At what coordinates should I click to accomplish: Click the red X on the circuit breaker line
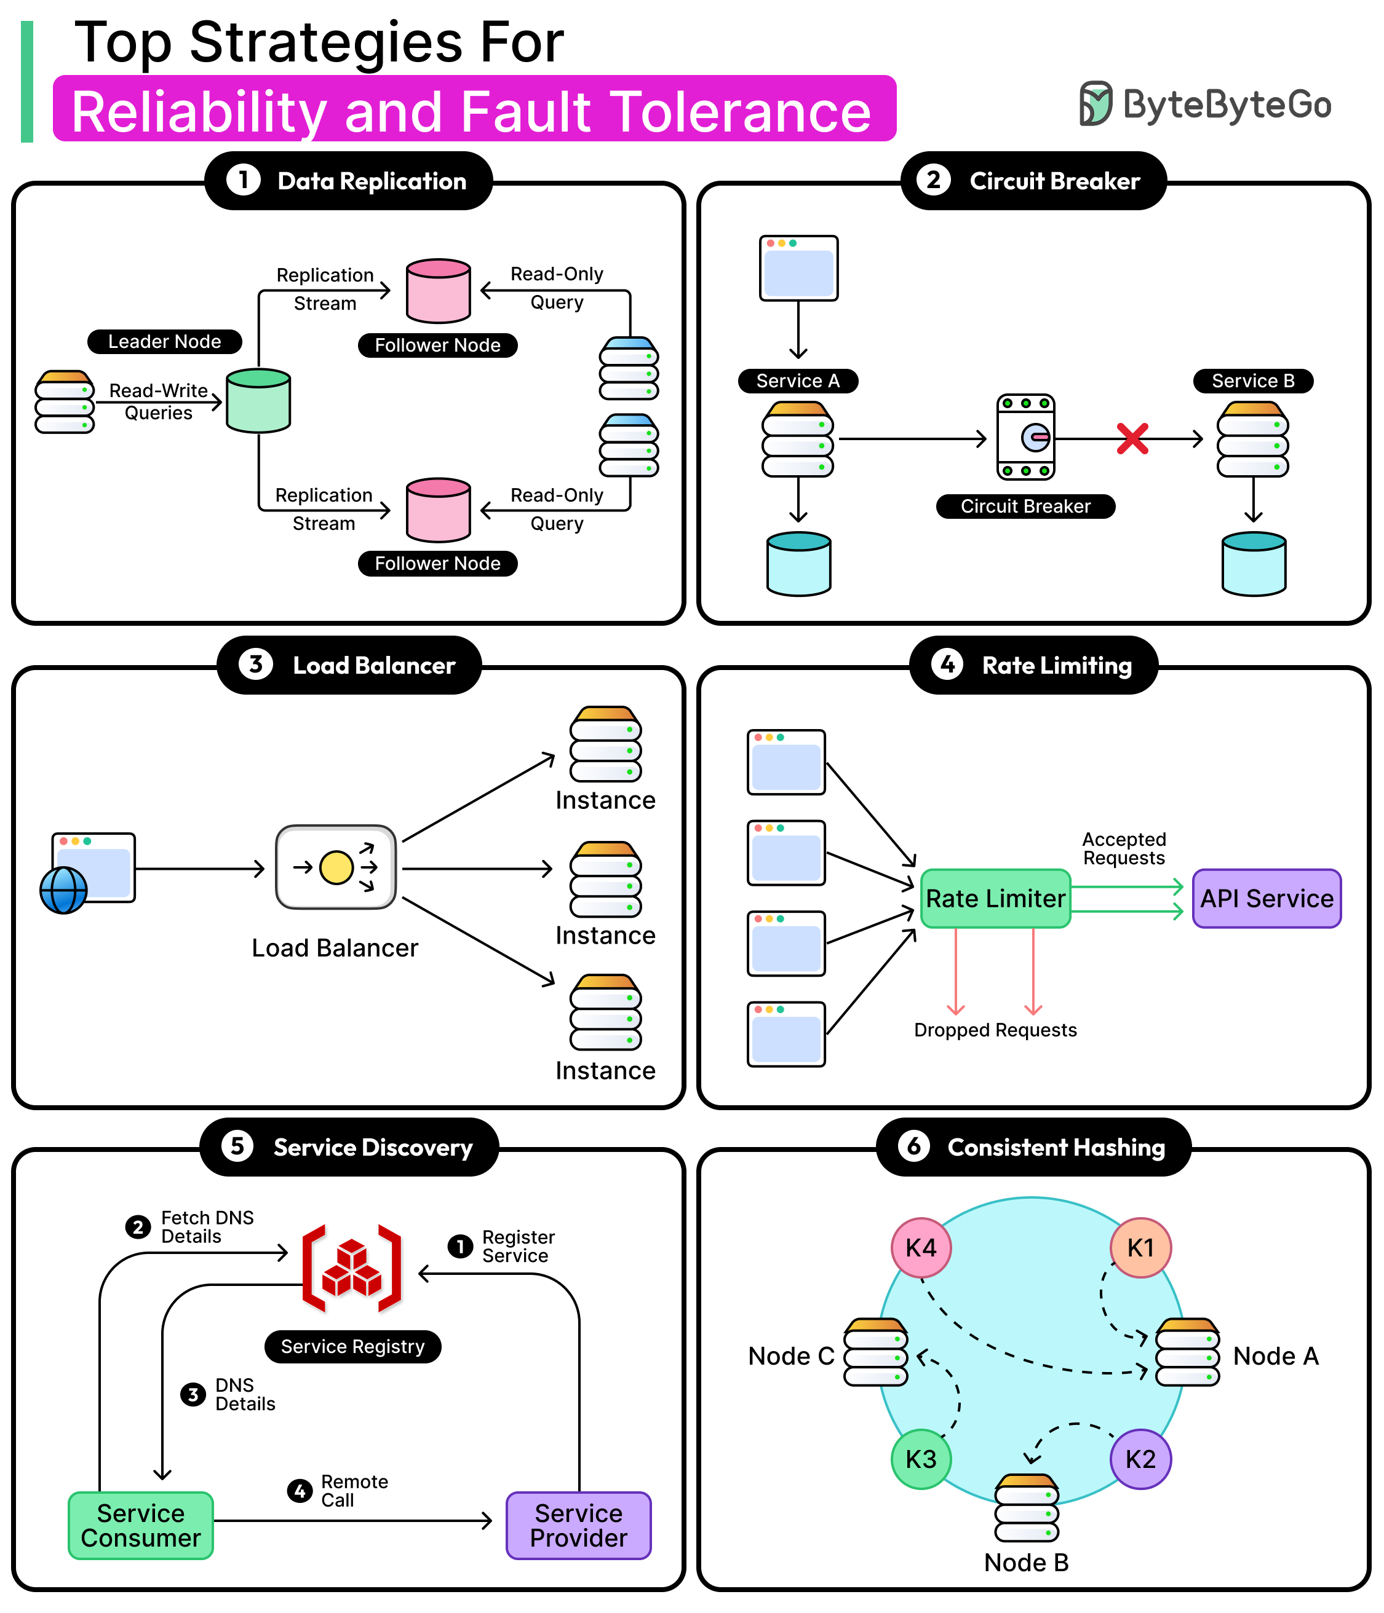click(1132, 439)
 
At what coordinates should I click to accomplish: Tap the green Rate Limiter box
click(995, 898)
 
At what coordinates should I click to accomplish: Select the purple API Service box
click(1266, 898)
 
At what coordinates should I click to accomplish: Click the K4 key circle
click(921, 1248)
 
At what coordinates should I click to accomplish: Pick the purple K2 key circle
click(1140, 1459)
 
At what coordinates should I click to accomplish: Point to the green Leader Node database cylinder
click(258, 401)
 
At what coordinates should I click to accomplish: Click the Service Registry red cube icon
click(352, 1268)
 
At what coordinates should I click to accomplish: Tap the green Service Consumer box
click(141, 1525)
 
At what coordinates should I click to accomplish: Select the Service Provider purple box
click(578, 1525)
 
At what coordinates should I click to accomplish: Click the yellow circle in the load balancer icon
click(336, 867)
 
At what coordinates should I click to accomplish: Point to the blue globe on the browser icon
click(64, 890)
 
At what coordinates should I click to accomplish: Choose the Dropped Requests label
click(995, 1030)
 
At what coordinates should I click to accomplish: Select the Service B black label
click(1252, 381)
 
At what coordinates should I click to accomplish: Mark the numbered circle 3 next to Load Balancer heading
click(255, 665)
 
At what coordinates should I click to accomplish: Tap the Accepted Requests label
click(1123, 848)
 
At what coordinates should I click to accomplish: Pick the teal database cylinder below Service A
click(798, 564)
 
